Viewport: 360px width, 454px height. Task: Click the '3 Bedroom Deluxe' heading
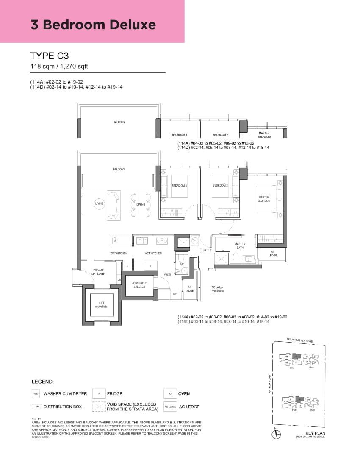pyautogui.click(x=93, y=25)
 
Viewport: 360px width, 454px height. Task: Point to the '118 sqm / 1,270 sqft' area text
pyautogui.click(x=59, y=66)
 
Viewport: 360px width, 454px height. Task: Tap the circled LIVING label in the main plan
pyautogui.click(x=99, y=204)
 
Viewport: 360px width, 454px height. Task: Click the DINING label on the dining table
pyautogui.click(x=141, y=204)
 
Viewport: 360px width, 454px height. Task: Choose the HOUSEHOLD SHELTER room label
pyautogui.click(x=139, y=285)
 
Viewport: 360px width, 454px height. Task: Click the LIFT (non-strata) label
pyautogui.click(x=102, y=304)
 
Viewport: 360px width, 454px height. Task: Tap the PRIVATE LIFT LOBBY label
pyautogui.click(x=99, y=272)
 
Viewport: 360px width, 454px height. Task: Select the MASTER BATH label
pyautogui.click(x=240, y=246)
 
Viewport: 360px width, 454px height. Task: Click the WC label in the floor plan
pyautogui.click(x=182, y=264)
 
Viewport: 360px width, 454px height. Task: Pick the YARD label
pyautogui.click(x=167, y=275)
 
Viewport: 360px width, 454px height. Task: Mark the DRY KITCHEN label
pyautogui.click(x=119, y=253)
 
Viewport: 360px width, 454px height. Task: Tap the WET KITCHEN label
pyautogui.click(x=153, y=253)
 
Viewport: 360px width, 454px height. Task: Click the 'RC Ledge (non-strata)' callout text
pyautogui.click(x=217, y=289)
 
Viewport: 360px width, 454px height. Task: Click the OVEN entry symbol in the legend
pyautogui.click(x=170, y=394)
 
